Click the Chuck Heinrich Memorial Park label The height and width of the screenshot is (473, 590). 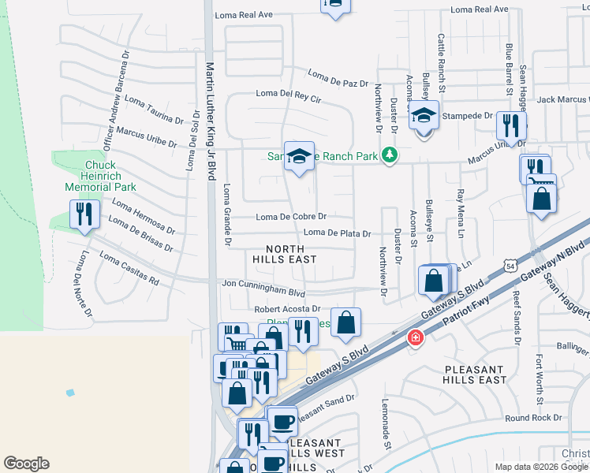coord(100,176)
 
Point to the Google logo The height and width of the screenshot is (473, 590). coord(26,464)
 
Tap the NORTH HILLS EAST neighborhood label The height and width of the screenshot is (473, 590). coord(285,252)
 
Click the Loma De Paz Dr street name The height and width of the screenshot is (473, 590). coord(338,79)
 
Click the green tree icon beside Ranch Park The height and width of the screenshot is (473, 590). coord(388,155)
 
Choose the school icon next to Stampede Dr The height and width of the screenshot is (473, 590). coord(424,118)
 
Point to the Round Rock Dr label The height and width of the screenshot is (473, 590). coord(533,418)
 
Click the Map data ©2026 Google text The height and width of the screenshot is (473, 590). coord(540,466)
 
